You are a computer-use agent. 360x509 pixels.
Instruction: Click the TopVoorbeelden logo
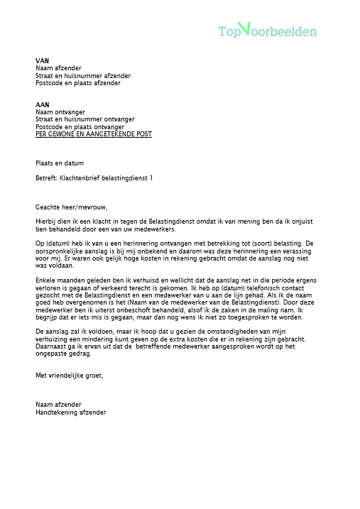coord(267,31)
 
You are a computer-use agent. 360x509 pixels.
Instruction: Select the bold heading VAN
coord(42,61)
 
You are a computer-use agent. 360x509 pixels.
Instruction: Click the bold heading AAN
coord(43,104)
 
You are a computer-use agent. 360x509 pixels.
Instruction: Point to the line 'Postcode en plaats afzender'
coord(78,83)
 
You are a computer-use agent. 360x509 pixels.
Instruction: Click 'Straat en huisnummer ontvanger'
coord(84,119)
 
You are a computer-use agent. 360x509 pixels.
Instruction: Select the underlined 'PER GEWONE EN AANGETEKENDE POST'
coord(93,134)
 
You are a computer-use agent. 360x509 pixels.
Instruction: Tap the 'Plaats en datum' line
coord(60,163)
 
